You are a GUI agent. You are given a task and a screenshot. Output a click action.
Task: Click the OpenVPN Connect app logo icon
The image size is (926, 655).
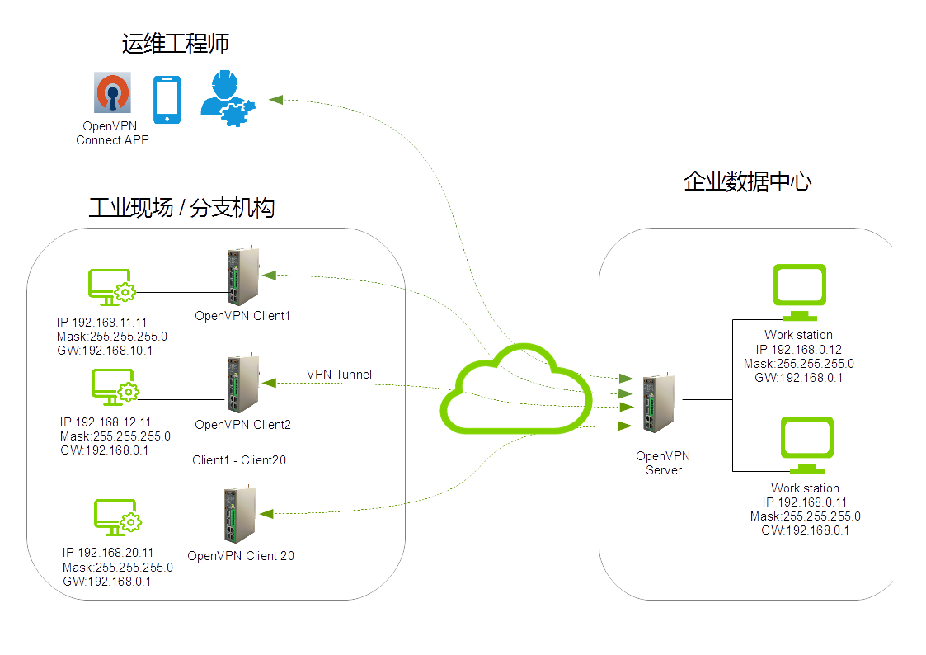click(113, 94)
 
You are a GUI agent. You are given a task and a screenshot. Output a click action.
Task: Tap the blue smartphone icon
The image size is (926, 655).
click(167, 99)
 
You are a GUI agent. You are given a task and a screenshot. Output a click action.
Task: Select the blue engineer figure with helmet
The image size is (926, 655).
click(226, 97)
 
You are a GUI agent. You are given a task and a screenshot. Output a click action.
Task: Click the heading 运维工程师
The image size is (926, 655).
click(175, 44)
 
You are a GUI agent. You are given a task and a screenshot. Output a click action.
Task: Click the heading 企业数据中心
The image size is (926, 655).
click(747, 181)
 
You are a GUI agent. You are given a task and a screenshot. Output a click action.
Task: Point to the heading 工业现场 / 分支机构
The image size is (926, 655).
click(181, 208)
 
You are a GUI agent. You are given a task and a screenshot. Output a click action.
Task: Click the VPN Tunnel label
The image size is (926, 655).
click(339, 375)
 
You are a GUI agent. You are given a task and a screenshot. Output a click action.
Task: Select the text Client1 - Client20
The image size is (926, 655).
click(239, 460)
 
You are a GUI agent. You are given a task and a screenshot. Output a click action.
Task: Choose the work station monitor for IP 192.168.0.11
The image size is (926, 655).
click(806, 445)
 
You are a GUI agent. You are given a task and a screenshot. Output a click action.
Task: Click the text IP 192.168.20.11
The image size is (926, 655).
click(108, 553)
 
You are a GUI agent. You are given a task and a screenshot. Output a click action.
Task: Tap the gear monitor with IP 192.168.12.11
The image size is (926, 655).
click(115, 387)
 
